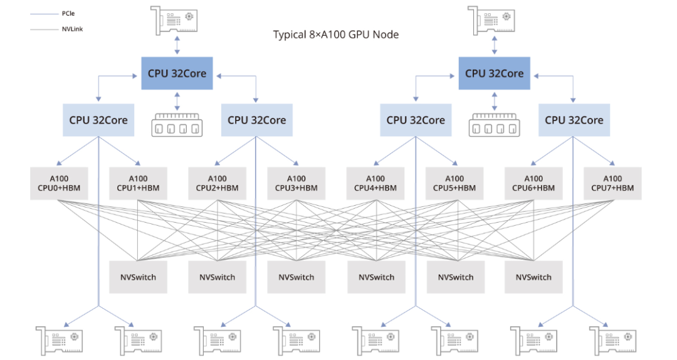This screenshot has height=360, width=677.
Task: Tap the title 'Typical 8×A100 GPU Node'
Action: click(335, 34)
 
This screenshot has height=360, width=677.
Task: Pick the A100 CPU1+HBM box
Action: click(138, 183)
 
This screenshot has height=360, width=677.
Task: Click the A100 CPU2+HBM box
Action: click(217, 183)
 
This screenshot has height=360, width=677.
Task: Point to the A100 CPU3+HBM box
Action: click(296, 183)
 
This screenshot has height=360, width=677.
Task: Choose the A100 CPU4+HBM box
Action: click(375, 183)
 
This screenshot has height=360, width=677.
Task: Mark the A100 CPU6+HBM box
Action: click(533, 183)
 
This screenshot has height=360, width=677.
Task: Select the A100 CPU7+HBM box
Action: click(612, 183)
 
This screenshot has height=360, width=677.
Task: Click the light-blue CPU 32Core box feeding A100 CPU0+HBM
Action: click(98, 120)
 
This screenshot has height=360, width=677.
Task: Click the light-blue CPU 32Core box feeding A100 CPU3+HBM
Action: click(256, 120)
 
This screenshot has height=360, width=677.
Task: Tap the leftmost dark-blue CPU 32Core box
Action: click(177, 73)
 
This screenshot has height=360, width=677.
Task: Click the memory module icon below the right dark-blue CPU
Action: click(494, 125)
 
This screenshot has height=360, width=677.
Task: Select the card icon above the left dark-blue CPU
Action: click(176, 21)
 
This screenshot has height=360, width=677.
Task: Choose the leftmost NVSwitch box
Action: click(138, 277)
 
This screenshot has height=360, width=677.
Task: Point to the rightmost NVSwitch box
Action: click(534, 277)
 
